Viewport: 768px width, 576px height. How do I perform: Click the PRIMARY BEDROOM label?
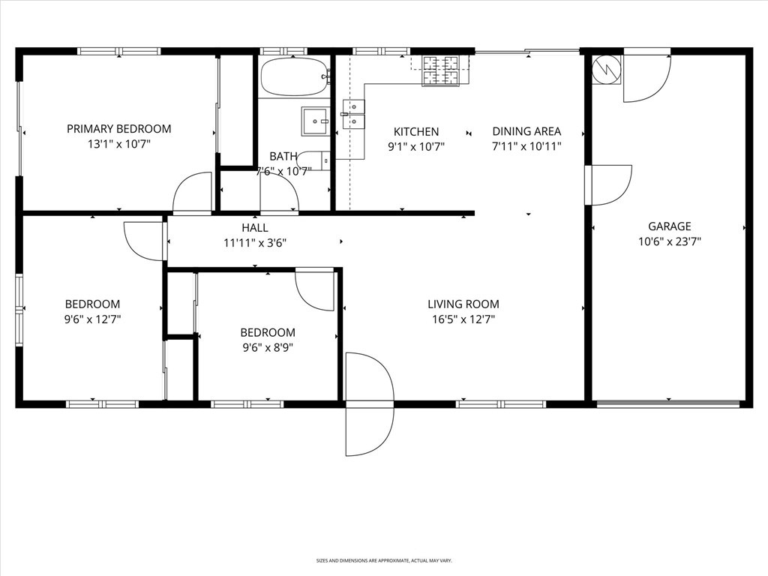(118, 129)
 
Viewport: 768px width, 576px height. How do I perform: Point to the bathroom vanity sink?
(315, 121)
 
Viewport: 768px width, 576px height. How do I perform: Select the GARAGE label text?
(670, 226)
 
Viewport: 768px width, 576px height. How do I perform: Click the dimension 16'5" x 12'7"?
(463, 319)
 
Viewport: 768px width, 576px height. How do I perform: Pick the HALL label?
(255, 228)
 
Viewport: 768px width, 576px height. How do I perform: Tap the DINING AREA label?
(526, 131)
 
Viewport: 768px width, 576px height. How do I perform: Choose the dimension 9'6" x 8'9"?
(268, 347)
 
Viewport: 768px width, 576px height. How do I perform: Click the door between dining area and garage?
(609, 184)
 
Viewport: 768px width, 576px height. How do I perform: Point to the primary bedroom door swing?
(193, 194)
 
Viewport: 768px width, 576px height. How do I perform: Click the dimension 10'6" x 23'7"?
(670, 241)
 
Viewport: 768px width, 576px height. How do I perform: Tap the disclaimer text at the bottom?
(383, 560)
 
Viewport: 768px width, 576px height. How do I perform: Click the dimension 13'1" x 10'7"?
(118, 144)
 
